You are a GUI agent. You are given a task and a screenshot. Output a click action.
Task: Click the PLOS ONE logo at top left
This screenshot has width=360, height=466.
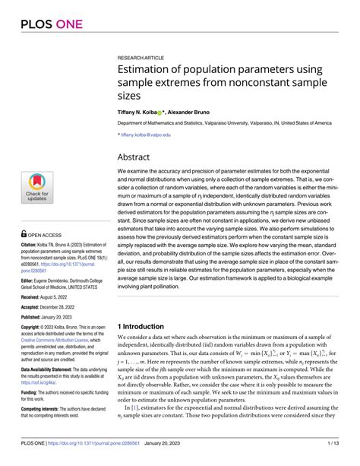47,25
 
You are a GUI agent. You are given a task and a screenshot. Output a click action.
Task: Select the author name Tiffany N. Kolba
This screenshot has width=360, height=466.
141,110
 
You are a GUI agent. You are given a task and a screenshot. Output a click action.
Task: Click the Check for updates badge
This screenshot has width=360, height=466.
36,186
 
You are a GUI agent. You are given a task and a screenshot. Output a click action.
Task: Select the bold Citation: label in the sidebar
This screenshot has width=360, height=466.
33,246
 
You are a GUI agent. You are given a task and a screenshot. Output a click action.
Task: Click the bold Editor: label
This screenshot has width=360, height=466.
30,281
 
